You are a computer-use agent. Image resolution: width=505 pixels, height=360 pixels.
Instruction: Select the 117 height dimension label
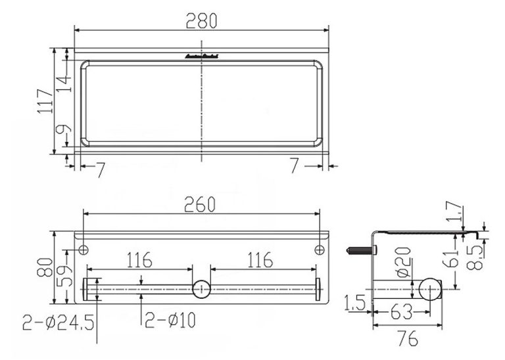[45, 101]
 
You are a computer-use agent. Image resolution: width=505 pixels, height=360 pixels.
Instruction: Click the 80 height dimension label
[45, 267]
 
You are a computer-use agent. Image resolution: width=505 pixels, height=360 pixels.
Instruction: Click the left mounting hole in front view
[84, 250]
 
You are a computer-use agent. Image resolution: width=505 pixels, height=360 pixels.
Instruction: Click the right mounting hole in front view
[319, 250]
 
